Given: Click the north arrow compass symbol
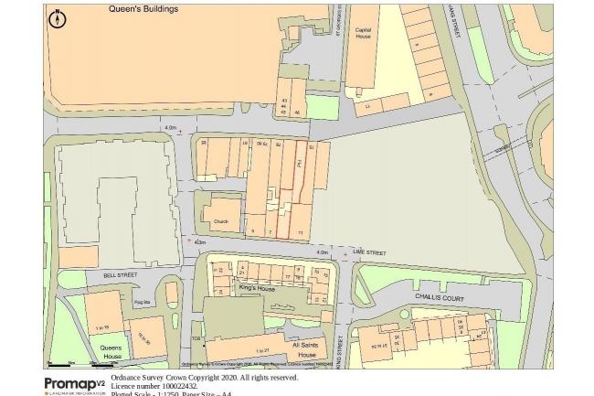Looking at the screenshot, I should pyautogui.click(x=57, y=16).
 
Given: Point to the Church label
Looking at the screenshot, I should pyautogui.click(x=219, y=220).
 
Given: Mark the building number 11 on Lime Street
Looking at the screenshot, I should pyautogui.click(x=300, y=232).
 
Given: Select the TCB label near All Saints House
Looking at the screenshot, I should pyautogui.click(x=195, y=339).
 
